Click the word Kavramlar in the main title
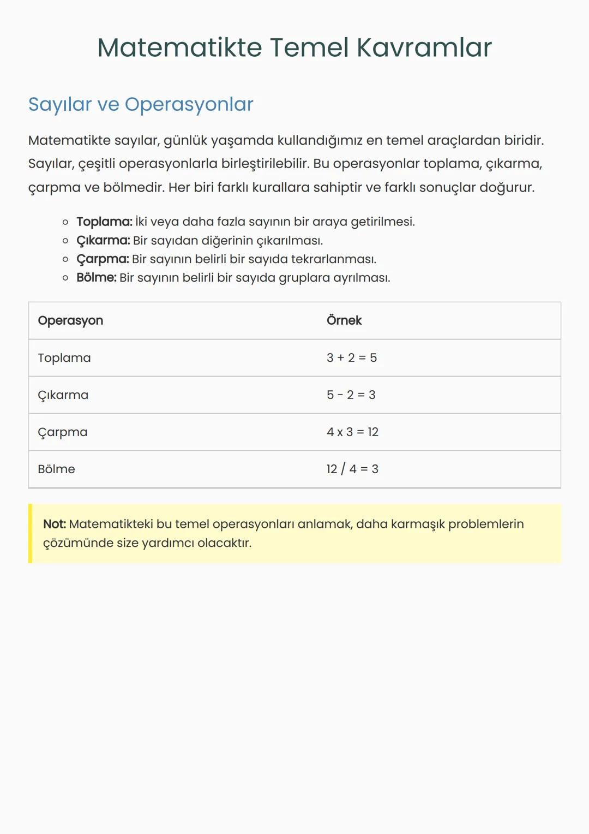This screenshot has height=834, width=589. [x=424, y=47]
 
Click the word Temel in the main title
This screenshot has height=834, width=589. [x=309, y=47]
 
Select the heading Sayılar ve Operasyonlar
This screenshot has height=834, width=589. [x=141, y=104]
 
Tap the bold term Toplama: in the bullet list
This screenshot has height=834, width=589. [x=104, y=222]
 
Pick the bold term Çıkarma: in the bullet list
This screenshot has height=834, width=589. [x=103, y=240]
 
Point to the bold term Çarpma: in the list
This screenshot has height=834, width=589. [x=103, y=259]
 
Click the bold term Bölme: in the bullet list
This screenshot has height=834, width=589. [x=97, y=277]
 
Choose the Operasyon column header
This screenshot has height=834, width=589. [x=70, y=320]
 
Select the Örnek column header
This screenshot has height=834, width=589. [x=344, y=320]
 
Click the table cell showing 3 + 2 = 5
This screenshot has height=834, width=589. [x=352, y=358]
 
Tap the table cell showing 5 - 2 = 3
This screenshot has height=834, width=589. [x=351, y=395]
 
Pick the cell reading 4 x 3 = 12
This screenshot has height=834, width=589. [x=352, y=432]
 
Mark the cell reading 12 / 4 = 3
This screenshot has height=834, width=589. [x=352, y=469]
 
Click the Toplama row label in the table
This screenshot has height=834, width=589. [x=64, y=358]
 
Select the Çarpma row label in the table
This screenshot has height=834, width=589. [x=63, y=432]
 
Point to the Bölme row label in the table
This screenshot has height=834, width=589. [x=57, y=469]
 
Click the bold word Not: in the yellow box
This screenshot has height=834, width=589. [x=55, y=524]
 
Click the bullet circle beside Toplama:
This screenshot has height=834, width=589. [x=65, y=222]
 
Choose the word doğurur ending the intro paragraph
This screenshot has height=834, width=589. [x=507, y=187]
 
